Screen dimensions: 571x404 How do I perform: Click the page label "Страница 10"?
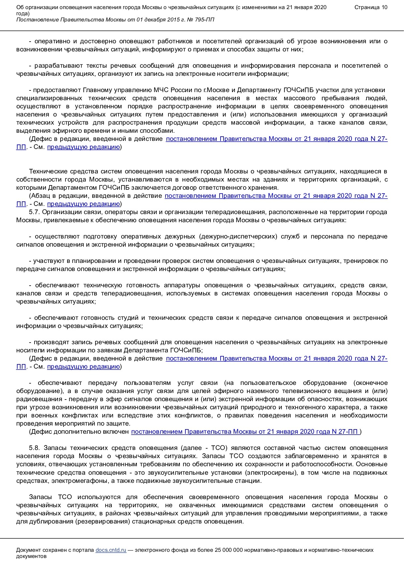coord(371,7)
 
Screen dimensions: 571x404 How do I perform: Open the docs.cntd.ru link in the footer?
coord(111,550)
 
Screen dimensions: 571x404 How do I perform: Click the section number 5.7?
coord(34,212)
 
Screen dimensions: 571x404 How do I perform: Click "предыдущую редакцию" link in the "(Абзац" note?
coord(83,204)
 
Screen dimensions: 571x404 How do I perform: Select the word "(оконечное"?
coord(370,383)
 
